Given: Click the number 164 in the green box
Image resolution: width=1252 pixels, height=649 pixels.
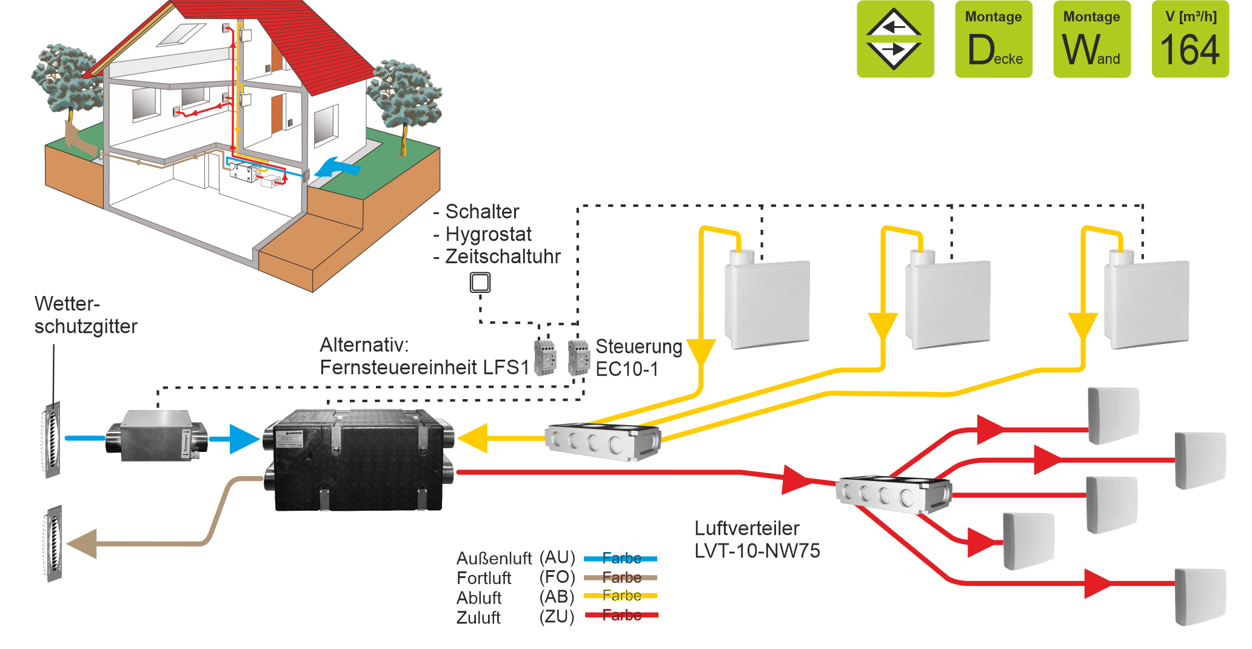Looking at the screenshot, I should pyautogui.click(x=1190, y=50).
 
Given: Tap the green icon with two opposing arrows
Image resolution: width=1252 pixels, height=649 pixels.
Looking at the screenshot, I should pyautogui.click(x=894, y=39).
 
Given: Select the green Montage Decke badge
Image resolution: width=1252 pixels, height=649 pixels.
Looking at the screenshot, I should pyautogui.click(x=994, y=39).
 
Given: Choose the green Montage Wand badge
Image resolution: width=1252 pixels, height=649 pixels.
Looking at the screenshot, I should pyautogui.click(x=1091, y=39).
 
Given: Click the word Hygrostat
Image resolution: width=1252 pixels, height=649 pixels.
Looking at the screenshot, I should pyautogui.click(x=488, y=234).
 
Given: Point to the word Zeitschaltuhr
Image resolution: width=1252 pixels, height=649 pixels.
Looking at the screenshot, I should pyautogui.click(x=503, y=257).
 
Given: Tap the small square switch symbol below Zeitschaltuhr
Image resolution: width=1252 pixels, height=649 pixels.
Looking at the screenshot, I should pyautogui.click(x=480, y=283).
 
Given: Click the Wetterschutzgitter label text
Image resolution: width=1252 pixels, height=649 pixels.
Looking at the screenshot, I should pyautogui.click(x=85, y=315).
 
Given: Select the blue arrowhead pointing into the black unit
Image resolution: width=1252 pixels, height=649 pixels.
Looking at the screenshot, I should pyautogui.click(x=245, y=439).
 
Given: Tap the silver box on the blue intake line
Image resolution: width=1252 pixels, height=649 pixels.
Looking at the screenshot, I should pyautogui.click(x=157, y=435).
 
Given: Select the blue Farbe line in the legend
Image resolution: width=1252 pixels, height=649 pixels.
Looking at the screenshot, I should pyautogui.click(x=621, y=558).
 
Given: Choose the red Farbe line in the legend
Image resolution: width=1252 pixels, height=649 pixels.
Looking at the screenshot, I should pyautogui.click(x=621, y=615).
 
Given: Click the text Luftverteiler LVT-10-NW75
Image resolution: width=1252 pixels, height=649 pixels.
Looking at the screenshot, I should pyautogui.click(x=757, y=539).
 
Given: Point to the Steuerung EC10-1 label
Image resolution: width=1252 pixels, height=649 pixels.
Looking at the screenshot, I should pyautogui.click(x=638, y=357).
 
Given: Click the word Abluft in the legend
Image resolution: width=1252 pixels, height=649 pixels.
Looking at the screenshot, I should pyautogui.click(x=479, y=597).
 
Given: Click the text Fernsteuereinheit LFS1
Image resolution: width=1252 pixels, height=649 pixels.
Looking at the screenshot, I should pyautogui.click(x=424, y=368).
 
